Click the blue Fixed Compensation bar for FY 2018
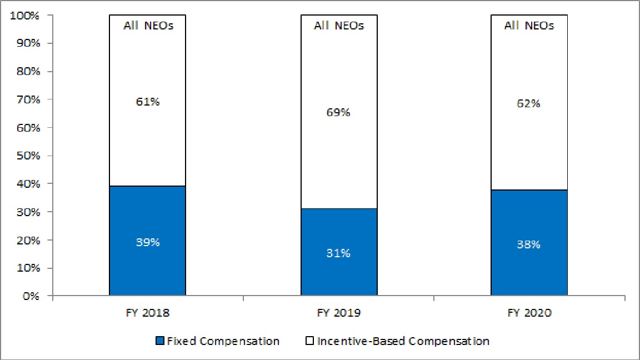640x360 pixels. tap(147, 241)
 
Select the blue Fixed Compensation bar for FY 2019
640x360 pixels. tap(339, 252)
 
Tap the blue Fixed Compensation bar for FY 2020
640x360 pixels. tap(529, 242)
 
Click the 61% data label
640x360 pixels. tap(148, 101)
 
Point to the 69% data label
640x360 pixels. tap(338, 112)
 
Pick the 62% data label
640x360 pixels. tap(528, 104)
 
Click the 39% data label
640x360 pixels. tap(148, 242)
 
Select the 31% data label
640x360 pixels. tap(338, 253)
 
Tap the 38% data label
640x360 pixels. tap(528, 244)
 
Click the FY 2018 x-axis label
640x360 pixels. tap(147, 313)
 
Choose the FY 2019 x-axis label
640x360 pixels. tap(339, 313)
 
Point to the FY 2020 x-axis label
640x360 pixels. tap(529, 313)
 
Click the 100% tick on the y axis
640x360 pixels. tap(24, 16)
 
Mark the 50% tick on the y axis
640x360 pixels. tap(28, 156)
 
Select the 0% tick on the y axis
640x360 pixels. tap(31, 296)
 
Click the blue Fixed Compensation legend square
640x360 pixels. tap(160, 341)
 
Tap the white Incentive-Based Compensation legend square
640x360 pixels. tap(310, 341)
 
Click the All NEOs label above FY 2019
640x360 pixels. tap(339, 26)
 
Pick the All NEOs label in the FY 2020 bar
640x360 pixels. tap(529, 26)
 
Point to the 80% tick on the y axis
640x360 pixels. tap(28, 72)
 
